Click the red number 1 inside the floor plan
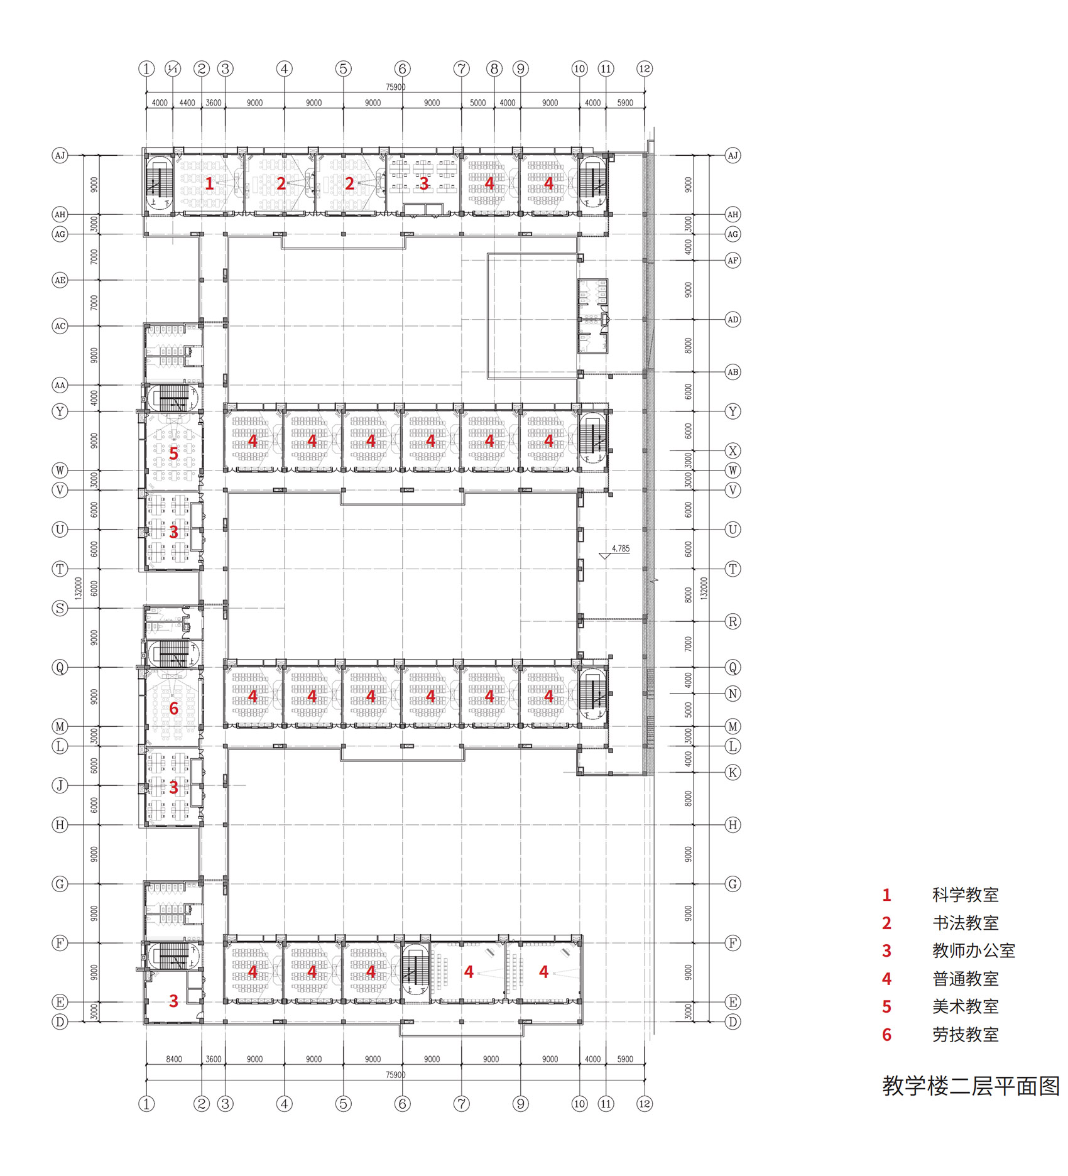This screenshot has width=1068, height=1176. (209, 183)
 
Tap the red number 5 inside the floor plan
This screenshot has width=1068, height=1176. (174, 453)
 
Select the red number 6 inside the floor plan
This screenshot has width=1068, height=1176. (174, 709)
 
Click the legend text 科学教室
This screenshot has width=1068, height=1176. (965, 895)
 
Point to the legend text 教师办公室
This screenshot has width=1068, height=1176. (973, 951)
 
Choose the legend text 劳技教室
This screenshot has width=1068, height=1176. (965, 1035)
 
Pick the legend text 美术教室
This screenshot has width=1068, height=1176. (965, 1007)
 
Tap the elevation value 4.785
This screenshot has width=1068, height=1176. (620, 548)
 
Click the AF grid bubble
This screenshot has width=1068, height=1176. (733, 260)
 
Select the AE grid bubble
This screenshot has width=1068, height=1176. (60, 280)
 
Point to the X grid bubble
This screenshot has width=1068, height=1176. (733, 450)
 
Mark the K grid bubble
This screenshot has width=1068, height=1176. (733, 772)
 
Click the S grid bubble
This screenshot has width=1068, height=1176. (60, 608)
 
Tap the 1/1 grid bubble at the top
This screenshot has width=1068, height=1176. (173, 68)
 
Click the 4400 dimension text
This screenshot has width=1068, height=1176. (187, 103)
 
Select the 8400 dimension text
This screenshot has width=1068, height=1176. (174, 1059)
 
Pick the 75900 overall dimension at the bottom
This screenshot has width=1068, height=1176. (395, 1075)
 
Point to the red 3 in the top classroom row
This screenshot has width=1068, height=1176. (424, 183)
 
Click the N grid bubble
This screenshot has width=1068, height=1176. (733, 694)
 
